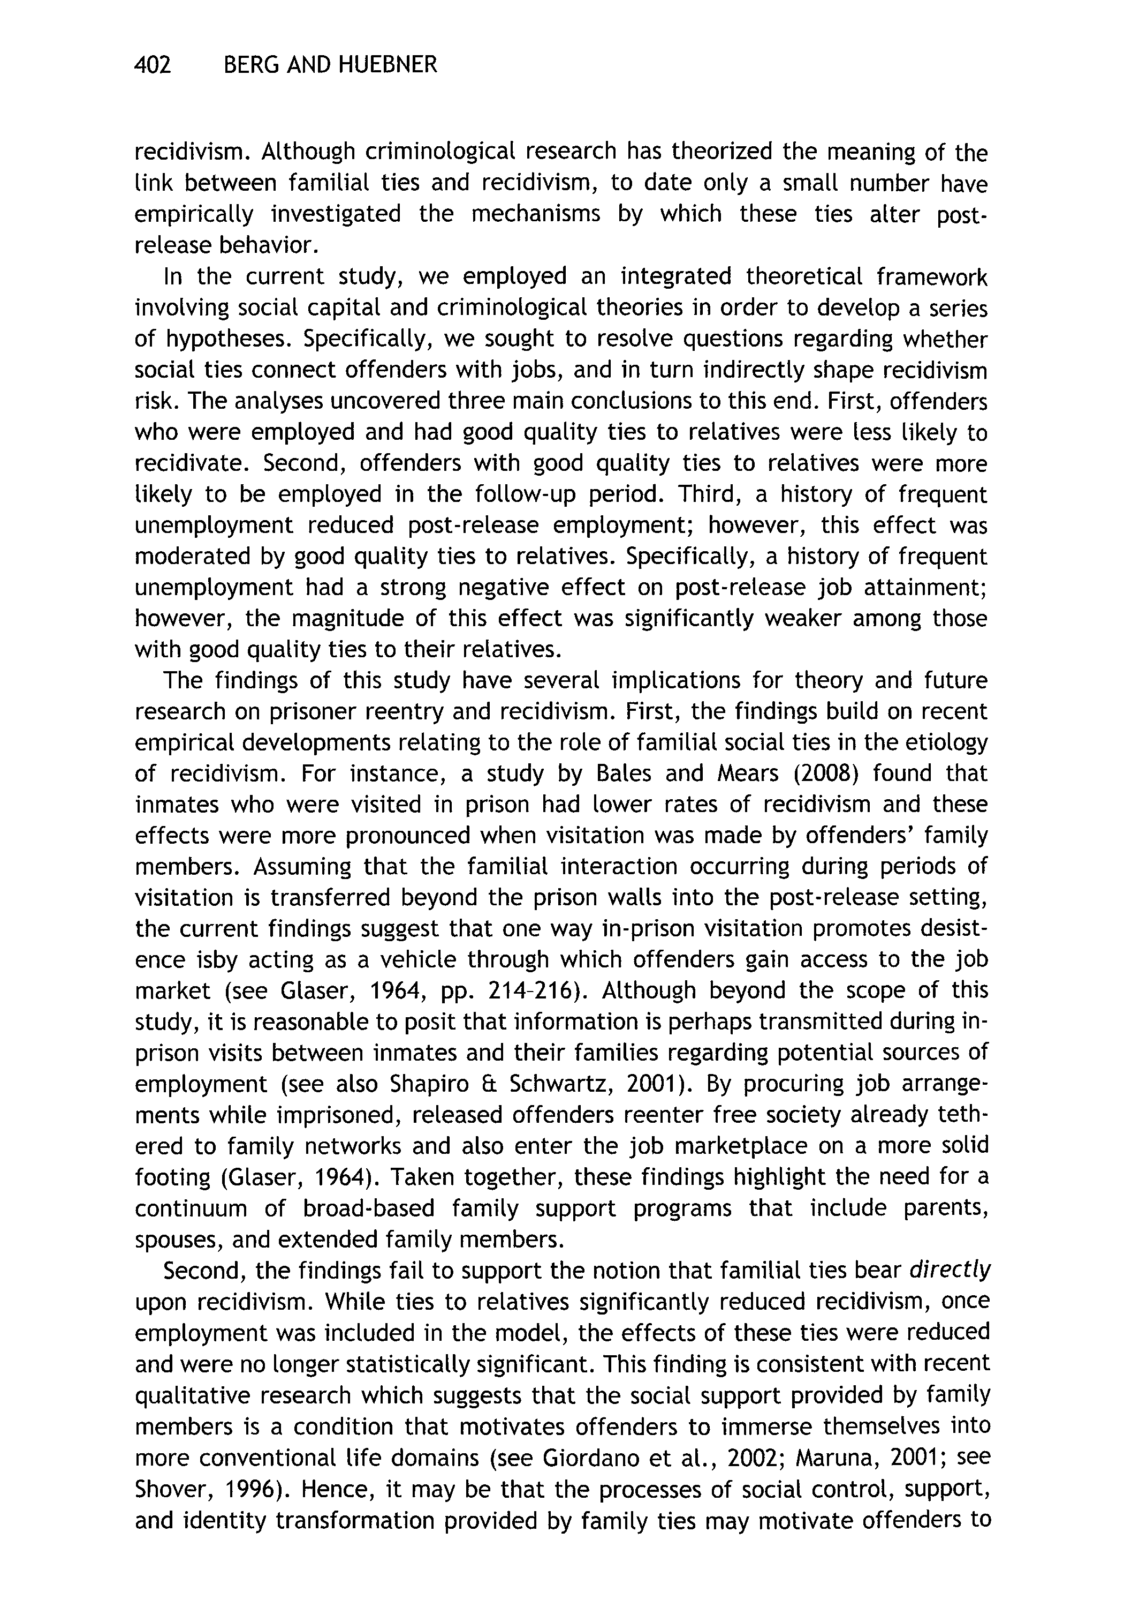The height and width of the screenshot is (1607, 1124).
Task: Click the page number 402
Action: point(152,65)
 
